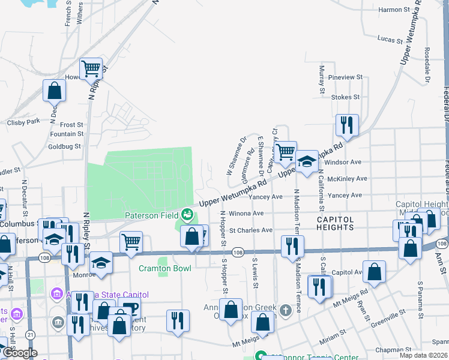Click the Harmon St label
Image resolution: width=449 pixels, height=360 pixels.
[394, 10]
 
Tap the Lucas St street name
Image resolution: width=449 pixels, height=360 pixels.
[390, 39]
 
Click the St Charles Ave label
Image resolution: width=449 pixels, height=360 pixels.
[251, 230]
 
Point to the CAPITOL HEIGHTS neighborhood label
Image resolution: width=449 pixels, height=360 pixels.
[335, 223]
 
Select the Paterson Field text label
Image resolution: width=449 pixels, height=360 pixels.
[152, 215]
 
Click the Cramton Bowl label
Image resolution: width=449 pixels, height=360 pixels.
[165, 268]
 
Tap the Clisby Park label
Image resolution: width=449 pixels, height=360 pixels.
[23, 122]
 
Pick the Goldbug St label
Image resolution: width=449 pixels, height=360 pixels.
[65, 146]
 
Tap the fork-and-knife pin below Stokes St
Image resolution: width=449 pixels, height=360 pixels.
[347, 125]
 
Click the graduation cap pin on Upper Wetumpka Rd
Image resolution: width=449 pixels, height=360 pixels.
[307, 161]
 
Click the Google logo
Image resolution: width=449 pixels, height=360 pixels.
[20, 353]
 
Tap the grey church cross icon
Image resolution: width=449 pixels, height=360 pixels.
[286, 310]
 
